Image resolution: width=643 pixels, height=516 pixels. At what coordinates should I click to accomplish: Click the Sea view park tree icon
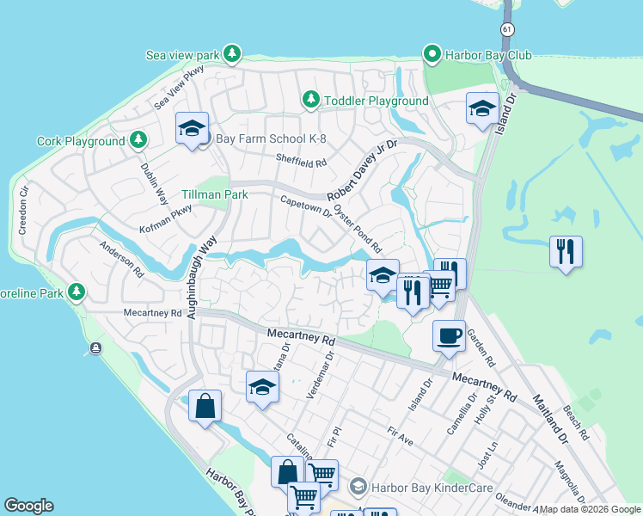click(231, 55)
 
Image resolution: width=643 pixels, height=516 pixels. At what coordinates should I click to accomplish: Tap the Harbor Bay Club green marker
click(432, 55)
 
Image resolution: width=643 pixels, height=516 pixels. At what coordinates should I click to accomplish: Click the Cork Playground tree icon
click(138, 140)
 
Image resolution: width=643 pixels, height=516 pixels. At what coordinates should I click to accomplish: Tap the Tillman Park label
click(215, 194)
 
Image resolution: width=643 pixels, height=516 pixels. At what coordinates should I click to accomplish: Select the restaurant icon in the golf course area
click(566, 252)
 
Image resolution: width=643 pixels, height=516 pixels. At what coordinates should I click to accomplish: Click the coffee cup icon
click(448, 335)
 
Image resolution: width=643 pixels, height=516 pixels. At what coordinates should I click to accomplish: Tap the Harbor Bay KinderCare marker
click(358, 487)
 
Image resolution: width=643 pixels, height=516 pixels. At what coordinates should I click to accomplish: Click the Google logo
click(28, 506)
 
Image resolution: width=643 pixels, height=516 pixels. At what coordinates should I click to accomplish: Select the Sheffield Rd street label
click(301, 160)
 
